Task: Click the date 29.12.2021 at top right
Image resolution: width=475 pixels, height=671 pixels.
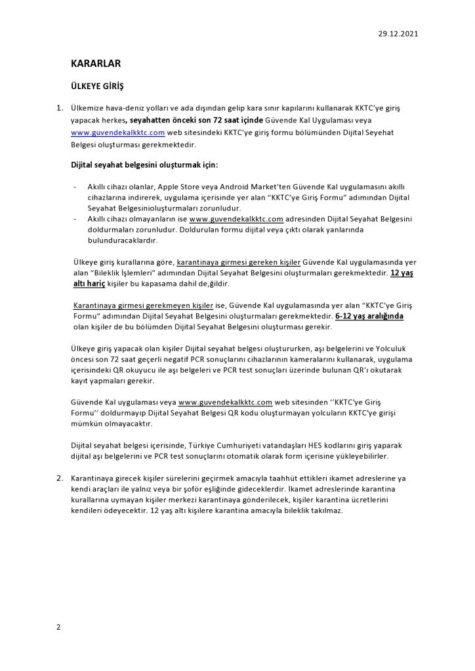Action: (x=398, y=33)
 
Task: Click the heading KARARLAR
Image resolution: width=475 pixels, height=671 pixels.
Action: (x=96, y=64)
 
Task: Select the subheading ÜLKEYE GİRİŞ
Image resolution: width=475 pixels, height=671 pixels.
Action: (x=97, y=86)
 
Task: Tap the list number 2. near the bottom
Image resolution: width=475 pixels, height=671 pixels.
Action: (x=60, y=478)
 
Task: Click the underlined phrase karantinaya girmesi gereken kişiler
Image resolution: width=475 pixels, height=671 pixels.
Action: (x=239, y=262)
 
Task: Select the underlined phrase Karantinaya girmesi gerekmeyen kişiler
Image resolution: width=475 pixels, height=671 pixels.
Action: (x=144, y=305)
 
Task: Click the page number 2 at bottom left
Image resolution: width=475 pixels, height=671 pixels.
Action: (x=58, y=627)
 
